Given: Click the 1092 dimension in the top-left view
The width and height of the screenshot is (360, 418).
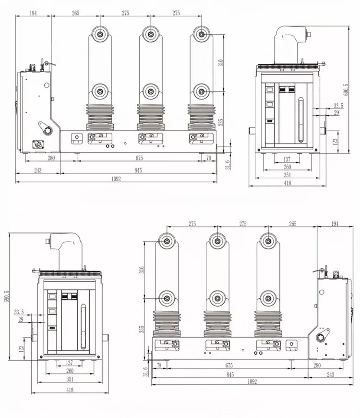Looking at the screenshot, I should [x=116, y=179].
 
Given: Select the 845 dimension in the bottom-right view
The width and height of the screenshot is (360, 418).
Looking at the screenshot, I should [x=230, y=375].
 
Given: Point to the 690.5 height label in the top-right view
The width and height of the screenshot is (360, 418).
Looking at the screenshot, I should [x=346, y=90].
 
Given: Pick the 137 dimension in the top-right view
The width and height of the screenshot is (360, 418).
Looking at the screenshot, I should [x=287, y=159].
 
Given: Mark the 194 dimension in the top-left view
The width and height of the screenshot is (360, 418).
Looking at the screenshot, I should [x=33, y=13].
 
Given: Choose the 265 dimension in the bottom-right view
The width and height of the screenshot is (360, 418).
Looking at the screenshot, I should [x=293, y=224].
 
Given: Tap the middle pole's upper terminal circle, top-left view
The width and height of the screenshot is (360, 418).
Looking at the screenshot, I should [x=151, y=34].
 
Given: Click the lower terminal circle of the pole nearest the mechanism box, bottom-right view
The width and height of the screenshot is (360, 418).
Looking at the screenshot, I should [x=268, y=298].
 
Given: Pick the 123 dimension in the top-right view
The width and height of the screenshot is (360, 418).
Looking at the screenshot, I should [x=335, y=141].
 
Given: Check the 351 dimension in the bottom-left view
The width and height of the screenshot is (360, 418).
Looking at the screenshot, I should [x=70, y=379].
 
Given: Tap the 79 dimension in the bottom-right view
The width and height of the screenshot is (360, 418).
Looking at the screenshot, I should [x=158, y=366].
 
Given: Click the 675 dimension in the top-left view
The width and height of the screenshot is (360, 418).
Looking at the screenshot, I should [x=139, y=158].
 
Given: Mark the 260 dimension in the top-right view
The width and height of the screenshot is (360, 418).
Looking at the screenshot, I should [x=287, y=167].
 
